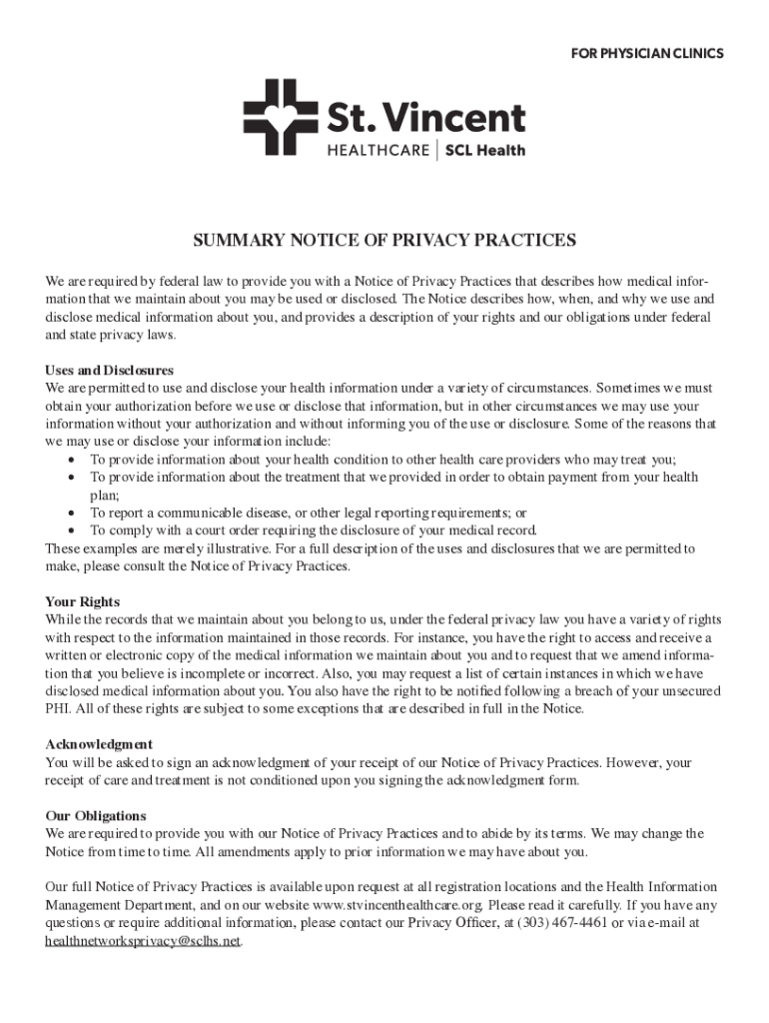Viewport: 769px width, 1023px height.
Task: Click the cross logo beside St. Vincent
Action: point(278,118)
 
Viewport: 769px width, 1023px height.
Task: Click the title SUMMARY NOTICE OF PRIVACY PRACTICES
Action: point(384,241)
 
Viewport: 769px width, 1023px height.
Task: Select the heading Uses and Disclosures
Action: point(110,370)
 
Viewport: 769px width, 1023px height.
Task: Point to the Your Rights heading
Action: point(83,601)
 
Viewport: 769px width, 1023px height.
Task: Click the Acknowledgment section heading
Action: point(99,744)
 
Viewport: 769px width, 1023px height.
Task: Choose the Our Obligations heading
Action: point(96,815)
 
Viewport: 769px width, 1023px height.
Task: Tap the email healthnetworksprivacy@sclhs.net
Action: point(143,941)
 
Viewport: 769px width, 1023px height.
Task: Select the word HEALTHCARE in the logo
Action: point(378,151)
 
